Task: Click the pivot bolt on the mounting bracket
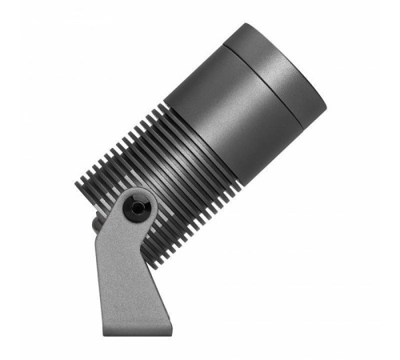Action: pyautogui.click(x=138, y=206)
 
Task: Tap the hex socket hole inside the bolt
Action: pyautogui.click(x=138, y=207)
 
